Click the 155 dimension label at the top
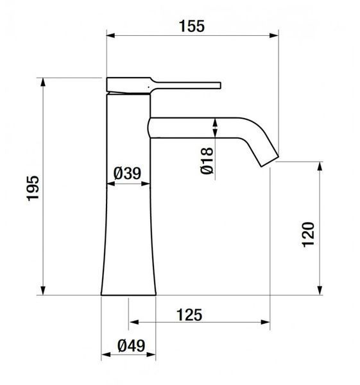(191, 26)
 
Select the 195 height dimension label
(33, 188)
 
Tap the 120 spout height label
(308, 234)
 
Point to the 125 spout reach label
(189, 315)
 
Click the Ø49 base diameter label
(132, 346)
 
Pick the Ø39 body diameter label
(127, 173)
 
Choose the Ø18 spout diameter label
(207, 161)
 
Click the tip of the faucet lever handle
(220, 85)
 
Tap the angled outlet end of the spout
(270, 161)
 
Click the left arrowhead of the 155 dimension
(110, 35)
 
